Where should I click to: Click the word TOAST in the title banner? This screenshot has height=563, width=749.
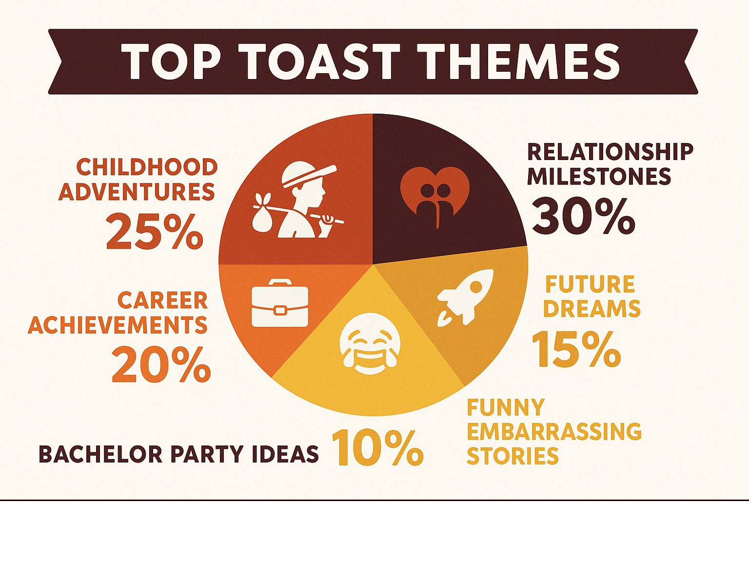tap(322, 61)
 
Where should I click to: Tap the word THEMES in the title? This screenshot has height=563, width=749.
tap(519, 61)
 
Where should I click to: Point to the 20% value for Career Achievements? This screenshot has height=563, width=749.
tap(161, 364)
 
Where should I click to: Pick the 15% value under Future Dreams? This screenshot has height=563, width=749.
tap(576, 349)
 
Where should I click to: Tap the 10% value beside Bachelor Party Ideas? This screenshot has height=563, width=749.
tap(377, 448)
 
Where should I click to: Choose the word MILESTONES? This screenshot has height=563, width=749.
tap(599, 176)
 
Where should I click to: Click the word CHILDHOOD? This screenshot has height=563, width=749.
tap(147, 167)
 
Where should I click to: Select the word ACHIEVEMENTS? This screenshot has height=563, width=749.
tap(118, 325)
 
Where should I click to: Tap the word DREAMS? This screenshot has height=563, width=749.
tap(591, 308)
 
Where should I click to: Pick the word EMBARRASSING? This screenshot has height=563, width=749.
tap(554, 431)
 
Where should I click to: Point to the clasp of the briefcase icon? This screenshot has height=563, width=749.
tap(280, 310)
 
